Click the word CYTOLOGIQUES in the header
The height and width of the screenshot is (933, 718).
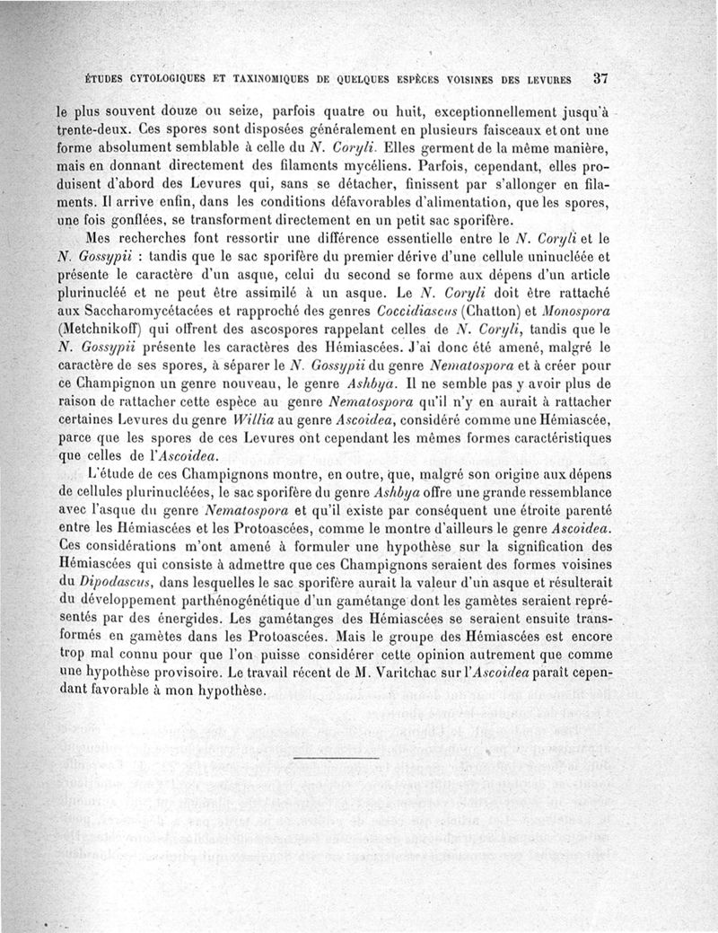166,78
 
